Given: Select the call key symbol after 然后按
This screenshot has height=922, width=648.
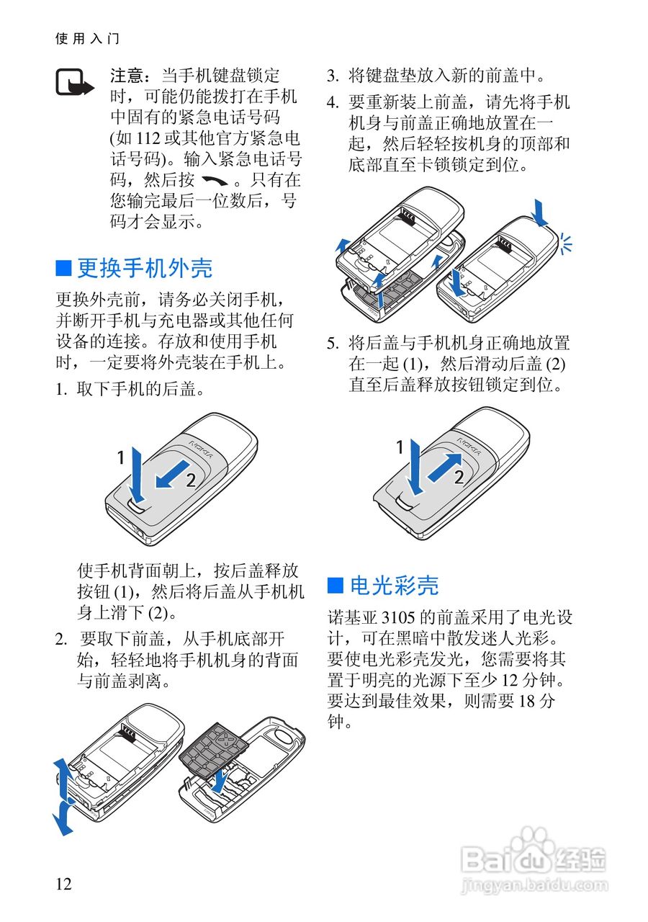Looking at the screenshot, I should tap(214, 180).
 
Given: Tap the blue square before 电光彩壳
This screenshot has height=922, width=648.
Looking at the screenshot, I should tap(335, 585).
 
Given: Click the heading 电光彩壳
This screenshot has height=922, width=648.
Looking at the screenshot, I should tap(394, 586).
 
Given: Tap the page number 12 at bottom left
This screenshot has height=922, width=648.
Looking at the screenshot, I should tap(63, 884).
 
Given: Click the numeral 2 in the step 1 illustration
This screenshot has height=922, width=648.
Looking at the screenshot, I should tap(191, 482).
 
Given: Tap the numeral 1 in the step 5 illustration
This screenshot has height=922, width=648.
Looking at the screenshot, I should tap(400, 449).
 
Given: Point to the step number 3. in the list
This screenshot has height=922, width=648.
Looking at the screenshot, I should tap(333, 76).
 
